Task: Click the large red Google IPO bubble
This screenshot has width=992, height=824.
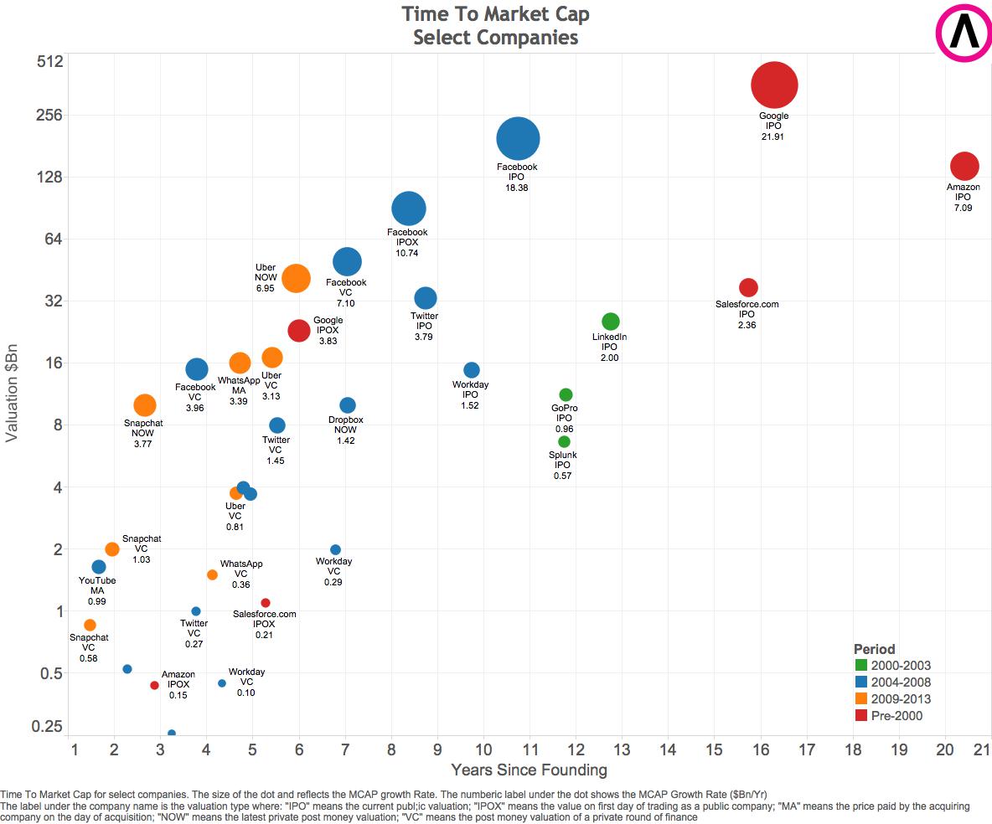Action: tap(773, 85)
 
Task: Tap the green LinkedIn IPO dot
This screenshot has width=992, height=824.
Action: tap(611, 322)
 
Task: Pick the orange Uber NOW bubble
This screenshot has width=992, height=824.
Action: tap(296, 278)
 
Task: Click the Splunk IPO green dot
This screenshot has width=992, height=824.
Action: tap(564, 441)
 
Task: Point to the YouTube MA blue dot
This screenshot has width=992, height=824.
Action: tap(99, 567)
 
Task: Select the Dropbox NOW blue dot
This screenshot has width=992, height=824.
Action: tap(348, 405)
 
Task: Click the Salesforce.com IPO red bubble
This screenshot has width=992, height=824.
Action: tap(748, 287)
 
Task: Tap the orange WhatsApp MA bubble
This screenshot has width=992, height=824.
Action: tap(240, 363)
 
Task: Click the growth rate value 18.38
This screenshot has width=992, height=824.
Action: tap(516, 188)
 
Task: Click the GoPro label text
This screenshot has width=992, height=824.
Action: tap(564, 408)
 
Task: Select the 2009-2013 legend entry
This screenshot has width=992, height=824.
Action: tap(901, 699)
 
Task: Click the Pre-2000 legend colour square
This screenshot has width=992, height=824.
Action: tap(860, 716)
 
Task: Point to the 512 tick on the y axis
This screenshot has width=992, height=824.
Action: tap(49, 62)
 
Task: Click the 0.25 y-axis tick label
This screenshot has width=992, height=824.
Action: tap(47, 726)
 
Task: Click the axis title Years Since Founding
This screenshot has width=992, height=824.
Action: tap(529, 770)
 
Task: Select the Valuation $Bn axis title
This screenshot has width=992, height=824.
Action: tap(13, 395)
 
